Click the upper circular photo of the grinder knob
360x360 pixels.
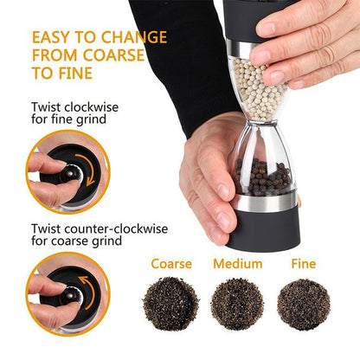pos(55,170)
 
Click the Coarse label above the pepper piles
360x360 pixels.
pos(170,263)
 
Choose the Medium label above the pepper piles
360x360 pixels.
pos(237,263)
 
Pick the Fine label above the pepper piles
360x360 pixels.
pos(303,263)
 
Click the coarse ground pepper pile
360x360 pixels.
pos(170,302)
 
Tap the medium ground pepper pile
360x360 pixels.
pos(236,302)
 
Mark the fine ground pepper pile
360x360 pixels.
pos(303,302)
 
